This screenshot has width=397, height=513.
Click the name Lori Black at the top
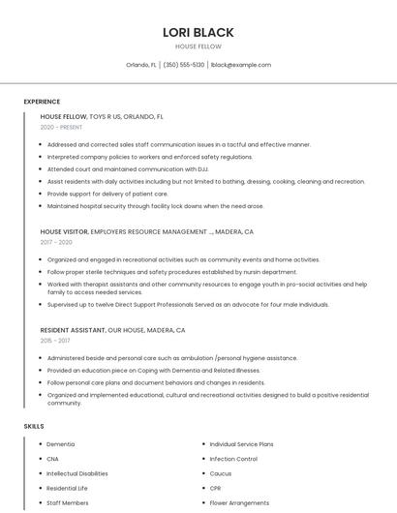point(198,32)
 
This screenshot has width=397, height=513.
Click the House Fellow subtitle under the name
point(198,46)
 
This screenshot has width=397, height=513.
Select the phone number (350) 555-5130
point(184,65)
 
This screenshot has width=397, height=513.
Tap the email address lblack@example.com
point(241,65)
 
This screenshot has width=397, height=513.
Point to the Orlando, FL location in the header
point(141,65)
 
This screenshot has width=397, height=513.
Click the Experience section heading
point(42,102)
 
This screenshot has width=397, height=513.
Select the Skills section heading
point(34,426)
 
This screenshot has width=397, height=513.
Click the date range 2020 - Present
point(61,127)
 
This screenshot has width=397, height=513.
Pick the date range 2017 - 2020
point(57,242)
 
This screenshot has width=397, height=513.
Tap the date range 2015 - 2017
point(55,340)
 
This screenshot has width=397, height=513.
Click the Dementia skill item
point(60,444)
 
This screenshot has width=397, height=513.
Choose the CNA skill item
point(52,459)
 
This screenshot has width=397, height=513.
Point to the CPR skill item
point(216,489)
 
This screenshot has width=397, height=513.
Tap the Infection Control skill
point(233,459)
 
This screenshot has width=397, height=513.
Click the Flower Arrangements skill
point(239,503)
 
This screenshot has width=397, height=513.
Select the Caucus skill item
point(220,473)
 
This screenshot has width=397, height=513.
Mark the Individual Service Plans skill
point(241,444)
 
